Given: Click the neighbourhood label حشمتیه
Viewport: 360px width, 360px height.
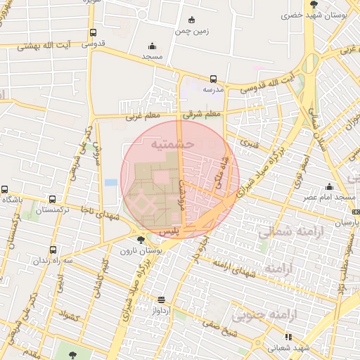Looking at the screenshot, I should point(172,144).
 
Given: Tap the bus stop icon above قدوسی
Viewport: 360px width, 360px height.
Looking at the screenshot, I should point(93,33).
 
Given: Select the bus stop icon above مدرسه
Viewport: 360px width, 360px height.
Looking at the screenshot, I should point(213,79).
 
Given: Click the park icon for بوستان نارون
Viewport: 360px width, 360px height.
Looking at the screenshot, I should point(141,240).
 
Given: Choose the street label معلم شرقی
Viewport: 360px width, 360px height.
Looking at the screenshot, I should point(202,113).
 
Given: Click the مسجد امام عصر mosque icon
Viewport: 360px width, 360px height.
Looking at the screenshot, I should point(329,187).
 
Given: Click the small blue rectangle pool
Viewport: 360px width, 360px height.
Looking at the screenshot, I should point(111,183).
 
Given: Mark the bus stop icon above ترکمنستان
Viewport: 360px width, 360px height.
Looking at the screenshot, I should point(52,199).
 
